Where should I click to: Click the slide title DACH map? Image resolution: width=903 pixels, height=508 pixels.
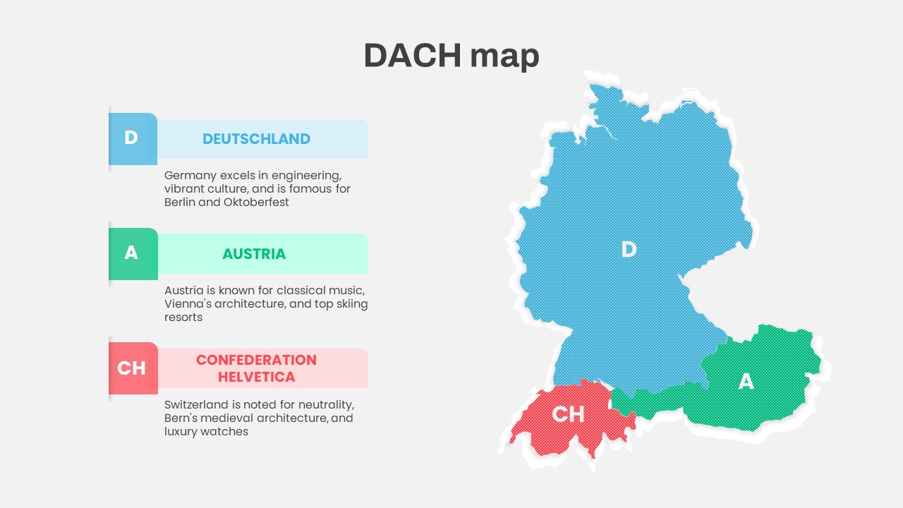451,56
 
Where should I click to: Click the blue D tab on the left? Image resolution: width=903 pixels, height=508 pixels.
132,138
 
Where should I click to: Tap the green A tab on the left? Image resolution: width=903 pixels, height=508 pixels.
132,253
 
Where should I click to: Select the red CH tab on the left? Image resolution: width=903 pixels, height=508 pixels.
132,368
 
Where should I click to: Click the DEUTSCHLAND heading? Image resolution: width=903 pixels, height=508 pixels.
256,139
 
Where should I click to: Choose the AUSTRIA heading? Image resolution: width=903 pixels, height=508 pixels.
254,254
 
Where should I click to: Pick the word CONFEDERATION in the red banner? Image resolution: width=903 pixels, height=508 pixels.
256,360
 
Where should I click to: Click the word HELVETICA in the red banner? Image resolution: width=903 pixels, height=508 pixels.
256,377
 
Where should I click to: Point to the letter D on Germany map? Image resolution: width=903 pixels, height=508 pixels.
629,249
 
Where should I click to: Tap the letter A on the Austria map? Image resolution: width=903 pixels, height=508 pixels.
746,382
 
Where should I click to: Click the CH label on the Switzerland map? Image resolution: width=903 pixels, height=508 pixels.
568,414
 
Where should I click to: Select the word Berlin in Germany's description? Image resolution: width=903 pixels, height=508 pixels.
180,202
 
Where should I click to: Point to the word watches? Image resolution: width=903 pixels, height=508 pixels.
226,432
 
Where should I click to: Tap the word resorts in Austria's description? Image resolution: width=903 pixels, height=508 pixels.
183,317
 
